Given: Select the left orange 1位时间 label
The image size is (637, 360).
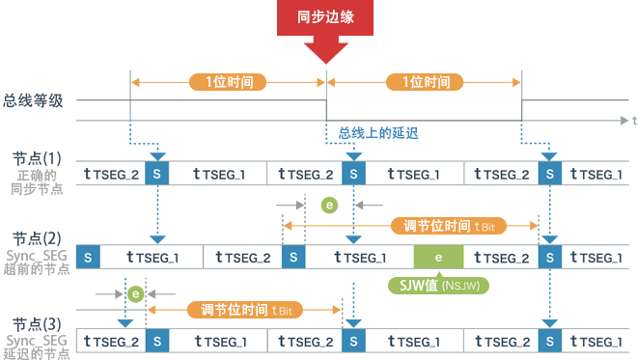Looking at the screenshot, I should [x=229, y=82].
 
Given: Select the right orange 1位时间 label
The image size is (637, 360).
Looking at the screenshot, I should [x=425, y=82].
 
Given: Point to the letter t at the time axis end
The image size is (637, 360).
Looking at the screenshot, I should [x=633, y=121].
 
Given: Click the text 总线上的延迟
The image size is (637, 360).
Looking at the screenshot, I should [x=376, y=132].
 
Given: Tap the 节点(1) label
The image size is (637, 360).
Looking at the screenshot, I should [x=38, y=157].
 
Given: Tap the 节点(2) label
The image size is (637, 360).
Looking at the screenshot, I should [x=38, y=238].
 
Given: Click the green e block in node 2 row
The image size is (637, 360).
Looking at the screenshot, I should [x=438, y=258].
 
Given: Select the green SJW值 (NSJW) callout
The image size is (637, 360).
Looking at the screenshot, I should [x=438, y=285].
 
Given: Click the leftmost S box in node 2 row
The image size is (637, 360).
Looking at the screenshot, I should [x=89, y=258].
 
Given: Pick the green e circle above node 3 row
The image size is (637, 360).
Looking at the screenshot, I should [x=136, y=292].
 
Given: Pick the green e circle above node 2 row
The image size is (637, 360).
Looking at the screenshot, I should [x=329, y=205].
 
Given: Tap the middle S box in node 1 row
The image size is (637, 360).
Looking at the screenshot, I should [x=354, y=174].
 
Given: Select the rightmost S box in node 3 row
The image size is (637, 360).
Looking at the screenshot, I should [x=550, y=341].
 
